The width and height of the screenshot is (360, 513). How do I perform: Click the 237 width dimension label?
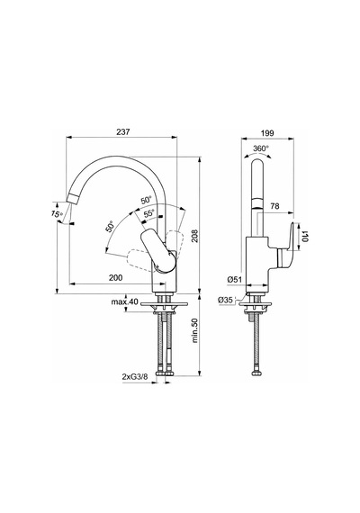pos(123,131)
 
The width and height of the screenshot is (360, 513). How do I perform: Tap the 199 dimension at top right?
pos(267,133)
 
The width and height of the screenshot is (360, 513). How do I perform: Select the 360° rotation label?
pos(261,148)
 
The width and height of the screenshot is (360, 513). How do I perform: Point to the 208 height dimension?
pos(194,236)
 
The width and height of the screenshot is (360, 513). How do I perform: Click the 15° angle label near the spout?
pos(57,214)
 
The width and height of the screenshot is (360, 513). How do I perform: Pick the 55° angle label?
pos(149,213)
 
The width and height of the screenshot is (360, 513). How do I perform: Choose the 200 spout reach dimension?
pos(115,278)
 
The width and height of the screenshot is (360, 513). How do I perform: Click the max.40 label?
pos(125,301)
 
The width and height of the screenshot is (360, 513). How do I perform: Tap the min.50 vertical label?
pos(195,331)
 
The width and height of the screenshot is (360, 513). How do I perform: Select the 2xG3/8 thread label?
pos(135,376)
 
